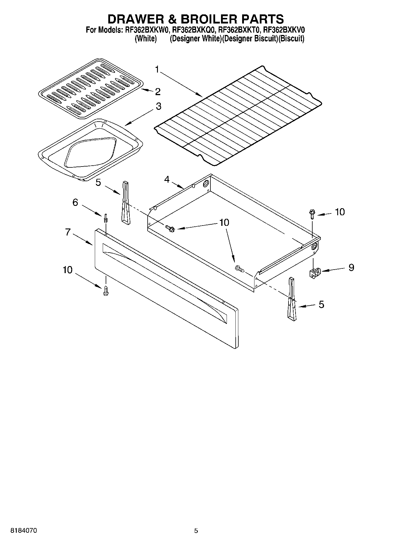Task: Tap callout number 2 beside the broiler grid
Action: pyautogui.click(x=158, y=92)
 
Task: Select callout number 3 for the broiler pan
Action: pyautogui.click(x=158, y=106)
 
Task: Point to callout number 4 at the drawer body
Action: pyautogui.click(x=167, y=179)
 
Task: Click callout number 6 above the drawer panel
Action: pyautogui.click(x=75, y=202)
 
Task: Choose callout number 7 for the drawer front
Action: pyautogui.click(x=68, y=232)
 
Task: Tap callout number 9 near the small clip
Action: pyautogui.click(x=351, y=267)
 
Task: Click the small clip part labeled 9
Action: pyautogui.click(x=315, y=273)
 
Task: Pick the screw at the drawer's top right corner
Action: pyautogui.click(x=312, y=214)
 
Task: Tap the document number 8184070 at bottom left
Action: pyautogui.click(x=23, y=531)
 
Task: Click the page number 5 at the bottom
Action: pyautogui.click(x=196, y=531)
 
